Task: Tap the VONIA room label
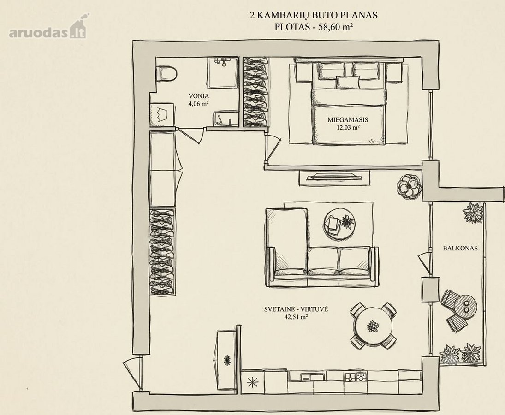(x=198, y=95)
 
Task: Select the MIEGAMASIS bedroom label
(x=348, y=119)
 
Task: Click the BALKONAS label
(x=460, y=248)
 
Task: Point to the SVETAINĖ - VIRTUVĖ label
(x=296, y=309)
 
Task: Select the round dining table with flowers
(x=373, y=326)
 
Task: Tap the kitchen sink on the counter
(x=306, y=376)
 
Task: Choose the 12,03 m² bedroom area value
(x=348, y=127)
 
